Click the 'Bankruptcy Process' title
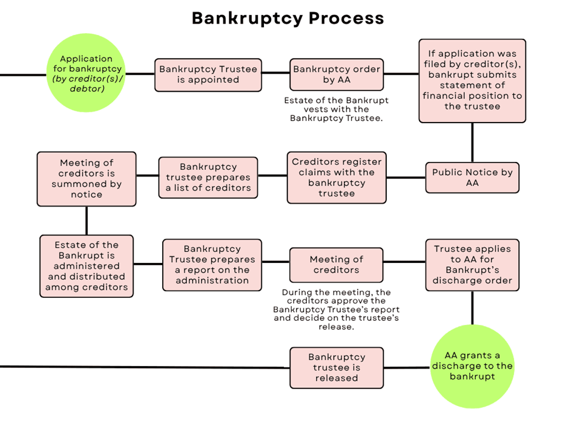pos(288,18)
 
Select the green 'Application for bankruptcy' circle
pos(86,73)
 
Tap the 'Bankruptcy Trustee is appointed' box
pos(208,75)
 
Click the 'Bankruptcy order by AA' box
pos(337,74)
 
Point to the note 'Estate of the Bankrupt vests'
pos(337,109)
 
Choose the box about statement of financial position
pos(472,81)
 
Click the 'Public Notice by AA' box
pos(472,178)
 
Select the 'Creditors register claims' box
pos(337,178)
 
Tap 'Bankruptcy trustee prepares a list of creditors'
pos(208,178)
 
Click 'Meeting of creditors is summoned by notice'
pos(87,179)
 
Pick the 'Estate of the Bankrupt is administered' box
pos(87,266)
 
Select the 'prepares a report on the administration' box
pos(212,265)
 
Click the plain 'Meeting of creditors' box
pos(336,265)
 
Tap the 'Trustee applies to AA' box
pos(472,265)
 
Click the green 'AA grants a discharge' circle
pos(472,367)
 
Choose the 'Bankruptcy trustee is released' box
pos(337,367)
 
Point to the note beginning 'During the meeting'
pos(337,309)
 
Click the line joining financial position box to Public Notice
pos(472,143)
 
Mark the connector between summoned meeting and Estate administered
pos(87,221)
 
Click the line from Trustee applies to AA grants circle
pos(472,308)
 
